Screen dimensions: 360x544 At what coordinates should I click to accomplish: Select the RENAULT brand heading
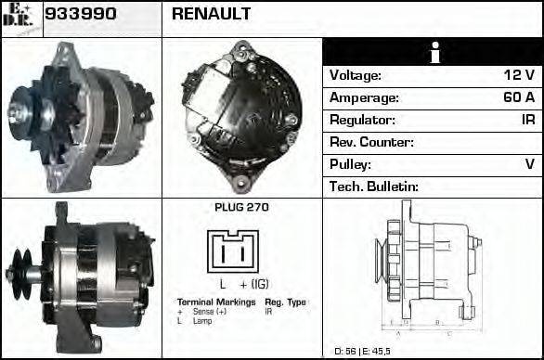tap(211, 14)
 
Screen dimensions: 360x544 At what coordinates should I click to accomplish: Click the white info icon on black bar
tap(432, 52)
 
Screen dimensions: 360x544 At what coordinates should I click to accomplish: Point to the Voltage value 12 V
tap(517, 75)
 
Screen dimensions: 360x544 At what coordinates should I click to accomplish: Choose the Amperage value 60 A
tap(516, 97)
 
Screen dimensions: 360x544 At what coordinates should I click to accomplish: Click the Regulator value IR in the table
tap(526, 120)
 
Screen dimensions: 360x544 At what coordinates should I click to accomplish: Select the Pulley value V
tap(529, 164)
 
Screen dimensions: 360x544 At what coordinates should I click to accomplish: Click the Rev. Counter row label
tap(371, 142)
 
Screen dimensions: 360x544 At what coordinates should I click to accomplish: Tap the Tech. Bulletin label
tap(375, 186)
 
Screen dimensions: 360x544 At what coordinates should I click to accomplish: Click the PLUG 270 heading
tap(241, 208)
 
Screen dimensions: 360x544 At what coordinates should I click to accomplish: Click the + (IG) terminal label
tap(258, 284)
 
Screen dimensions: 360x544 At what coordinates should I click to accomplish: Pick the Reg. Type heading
tap(285, 302)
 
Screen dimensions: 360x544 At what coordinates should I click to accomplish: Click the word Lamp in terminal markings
tap(202, 321)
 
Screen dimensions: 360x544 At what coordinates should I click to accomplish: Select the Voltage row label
tap(356, 75)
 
